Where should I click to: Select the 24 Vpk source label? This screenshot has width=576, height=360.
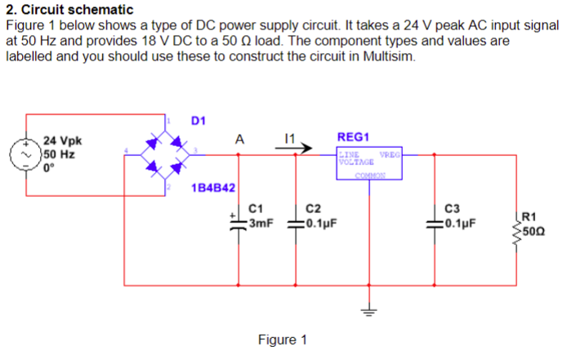(x=62, y=140)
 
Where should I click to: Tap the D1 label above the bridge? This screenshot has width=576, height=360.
(x=199, y=122)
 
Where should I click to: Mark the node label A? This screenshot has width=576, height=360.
(x=238, y=139)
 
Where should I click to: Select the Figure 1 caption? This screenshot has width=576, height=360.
(x=282, y=340)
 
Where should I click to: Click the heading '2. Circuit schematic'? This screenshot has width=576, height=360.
(x=69, y=10)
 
